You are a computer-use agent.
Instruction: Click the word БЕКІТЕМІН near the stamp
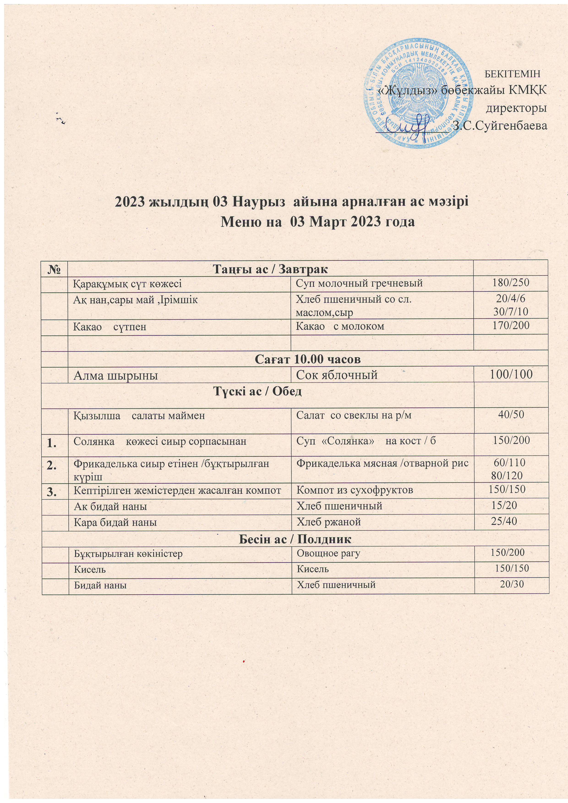point(513,74)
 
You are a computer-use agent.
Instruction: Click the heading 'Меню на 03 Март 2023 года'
point(318,222)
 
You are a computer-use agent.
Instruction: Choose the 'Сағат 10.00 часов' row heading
point(308,359)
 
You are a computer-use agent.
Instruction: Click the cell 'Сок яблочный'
point(337,375)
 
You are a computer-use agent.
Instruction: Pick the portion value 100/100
point(511,375)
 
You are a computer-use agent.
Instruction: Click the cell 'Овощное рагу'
point(328,553)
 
